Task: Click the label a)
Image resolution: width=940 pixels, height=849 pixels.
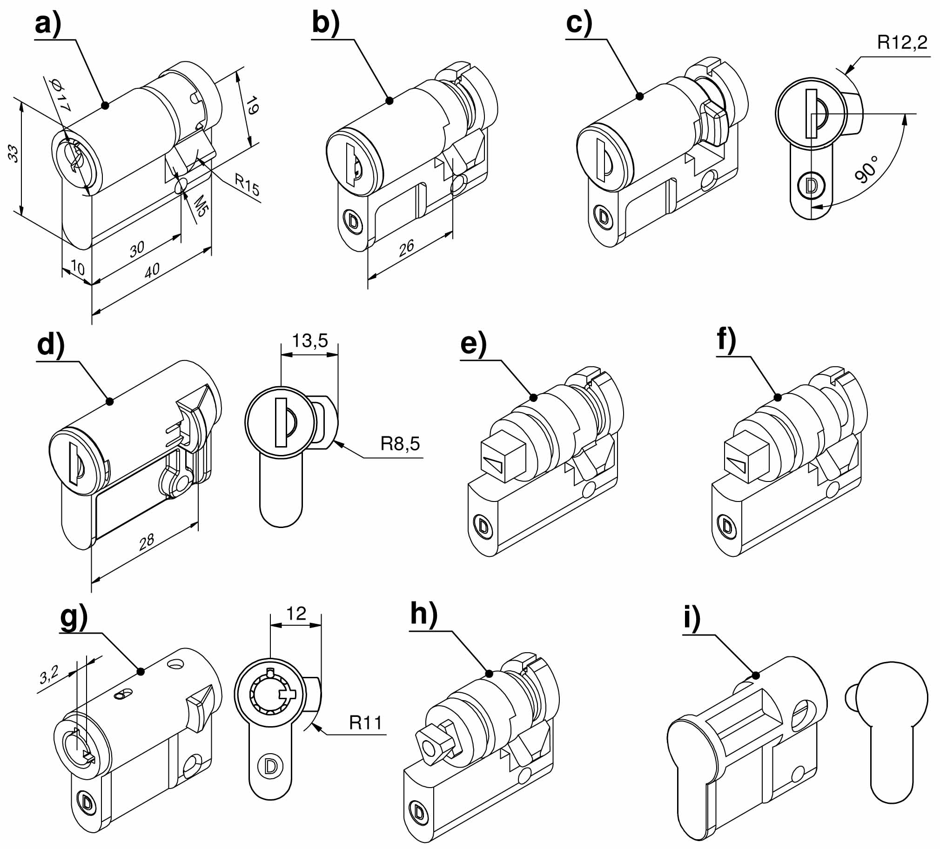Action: [48, 23]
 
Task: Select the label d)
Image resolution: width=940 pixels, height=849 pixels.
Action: [51, 345]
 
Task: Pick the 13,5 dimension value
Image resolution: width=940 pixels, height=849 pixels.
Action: [309, 341]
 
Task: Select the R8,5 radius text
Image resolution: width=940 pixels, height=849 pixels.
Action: [400, 443]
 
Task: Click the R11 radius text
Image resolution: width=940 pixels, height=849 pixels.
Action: [366, 722]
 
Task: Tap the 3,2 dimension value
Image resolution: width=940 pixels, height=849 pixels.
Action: [49, 674]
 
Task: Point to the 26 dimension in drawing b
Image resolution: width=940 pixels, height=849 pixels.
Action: [406, 247]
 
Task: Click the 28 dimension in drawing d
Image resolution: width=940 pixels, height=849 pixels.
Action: [147, 541]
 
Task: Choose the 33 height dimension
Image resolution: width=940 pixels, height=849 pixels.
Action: [13, 154]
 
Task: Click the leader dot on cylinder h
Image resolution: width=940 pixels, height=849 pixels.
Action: [489, 674]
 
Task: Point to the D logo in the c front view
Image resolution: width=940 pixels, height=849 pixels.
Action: [811, 186]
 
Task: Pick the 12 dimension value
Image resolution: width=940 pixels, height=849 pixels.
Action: [296, 614]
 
